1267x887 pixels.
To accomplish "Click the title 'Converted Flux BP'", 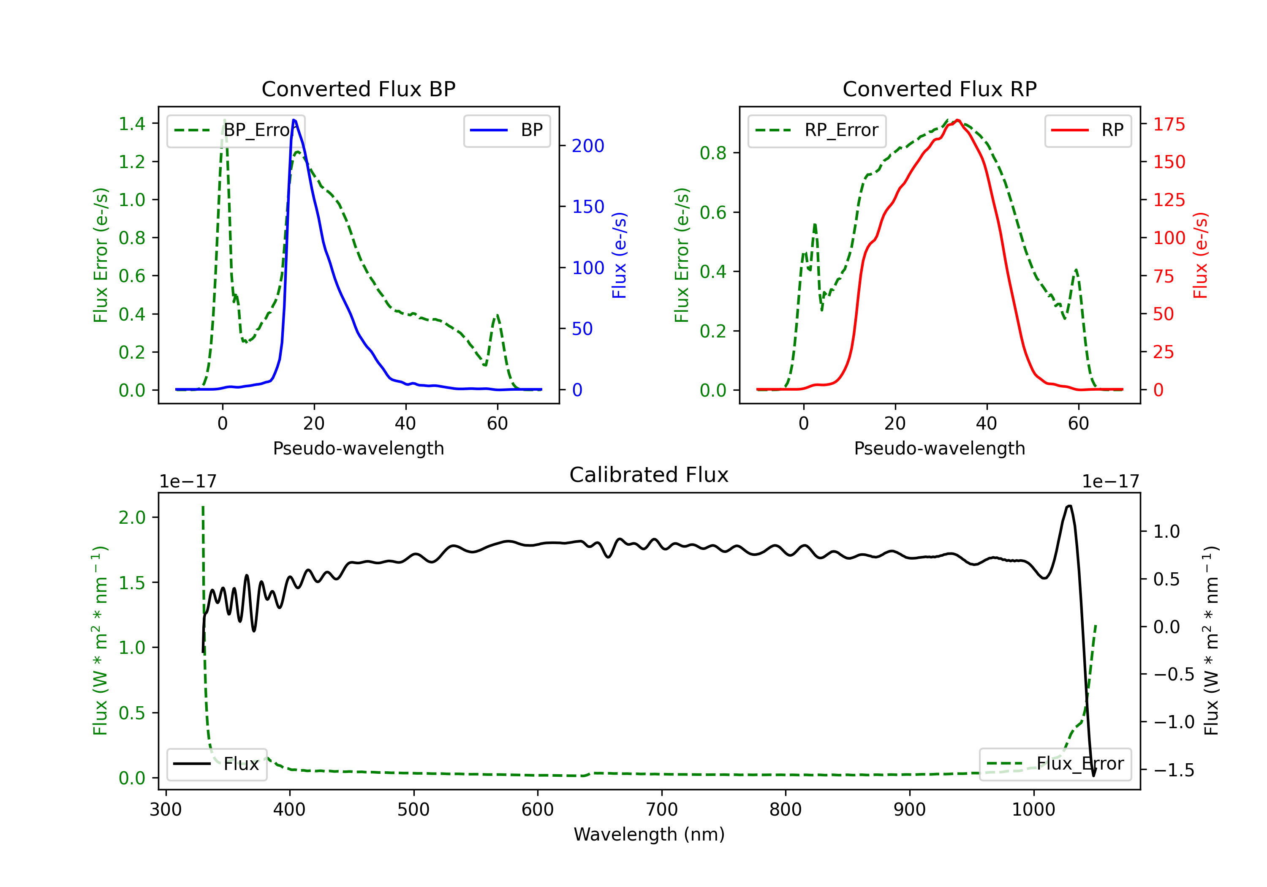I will point(358,89).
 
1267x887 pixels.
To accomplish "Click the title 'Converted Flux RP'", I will point(939,89).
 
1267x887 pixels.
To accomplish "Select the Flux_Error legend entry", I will point(1055,764).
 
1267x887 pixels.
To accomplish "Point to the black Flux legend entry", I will point(216,764).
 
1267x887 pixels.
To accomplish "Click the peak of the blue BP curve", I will point(294,120).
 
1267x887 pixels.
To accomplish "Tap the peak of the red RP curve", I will point(958,120).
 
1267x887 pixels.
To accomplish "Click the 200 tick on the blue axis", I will point(588,146).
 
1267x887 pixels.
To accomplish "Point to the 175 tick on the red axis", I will point(1169,124).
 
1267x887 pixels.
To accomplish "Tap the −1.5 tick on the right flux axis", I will point(1173,770).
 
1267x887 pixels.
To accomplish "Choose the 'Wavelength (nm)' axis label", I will point(649,835).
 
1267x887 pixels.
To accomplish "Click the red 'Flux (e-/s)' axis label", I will point(1201,255).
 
